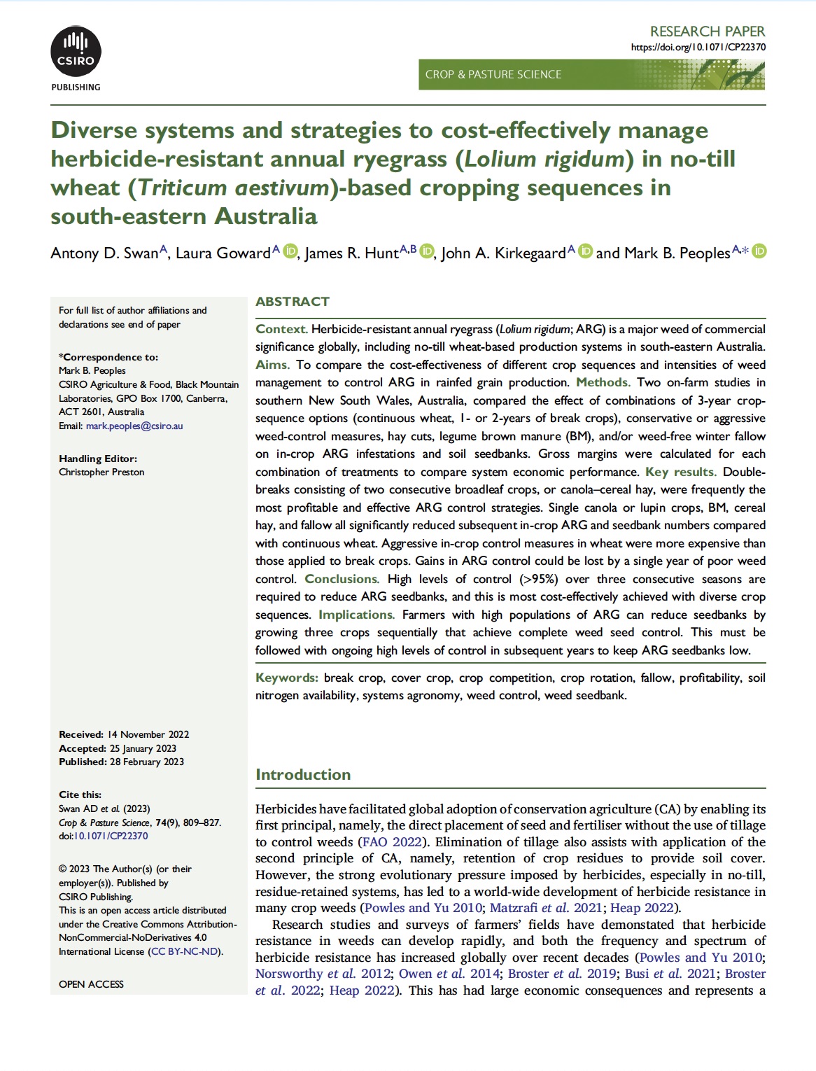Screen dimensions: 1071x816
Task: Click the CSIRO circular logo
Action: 76,52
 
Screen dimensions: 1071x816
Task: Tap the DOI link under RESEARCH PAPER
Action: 698,48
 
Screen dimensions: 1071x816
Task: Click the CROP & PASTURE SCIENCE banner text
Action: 493,74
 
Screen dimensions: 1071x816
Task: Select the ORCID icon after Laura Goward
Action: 290,251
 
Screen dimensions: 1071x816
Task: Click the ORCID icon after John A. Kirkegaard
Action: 586,251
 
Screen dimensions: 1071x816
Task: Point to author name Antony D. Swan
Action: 105,253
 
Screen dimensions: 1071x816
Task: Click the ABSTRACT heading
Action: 293,302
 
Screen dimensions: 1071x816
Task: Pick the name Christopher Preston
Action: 101,472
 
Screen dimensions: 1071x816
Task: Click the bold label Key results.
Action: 680,472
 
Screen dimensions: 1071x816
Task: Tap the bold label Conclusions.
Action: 342,579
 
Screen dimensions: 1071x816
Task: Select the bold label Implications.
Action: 356,615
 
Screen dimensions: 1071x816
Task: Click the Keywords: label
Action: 287,678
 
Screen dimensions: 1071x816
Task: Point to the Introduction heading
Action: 303,774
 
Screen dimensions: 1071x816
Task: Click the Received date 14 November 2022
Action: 148,734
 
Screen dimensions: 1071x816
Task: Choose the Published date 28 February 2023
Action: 147,762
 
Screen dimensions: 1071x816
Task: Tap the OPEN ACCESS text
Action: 91,984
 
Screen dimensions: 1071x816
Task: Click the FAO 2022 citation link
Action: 391,842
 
